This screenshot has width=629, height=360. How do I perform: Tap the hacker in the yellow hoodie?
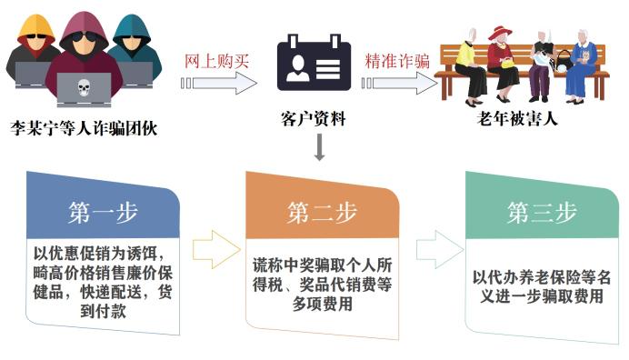[x=35, y=45]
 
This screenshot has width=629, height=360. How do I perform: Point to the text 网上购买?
[x=216, y=61]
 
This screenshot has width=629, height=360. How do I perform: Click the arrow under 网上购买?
[x=218, y=84]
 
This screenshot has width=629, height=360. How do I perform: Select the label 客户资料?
[x=314, y=120]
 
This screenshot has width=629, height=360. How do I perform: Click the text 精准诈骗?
[x=397, y=61]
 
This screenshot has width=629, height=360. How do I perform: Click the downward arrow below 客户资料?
[x=319, y=147]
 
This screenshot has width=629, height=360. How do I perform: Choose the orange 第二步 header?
[x=322, y=213]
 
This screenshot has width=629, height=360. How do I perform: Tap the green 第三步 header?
[x=542, y=213]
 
